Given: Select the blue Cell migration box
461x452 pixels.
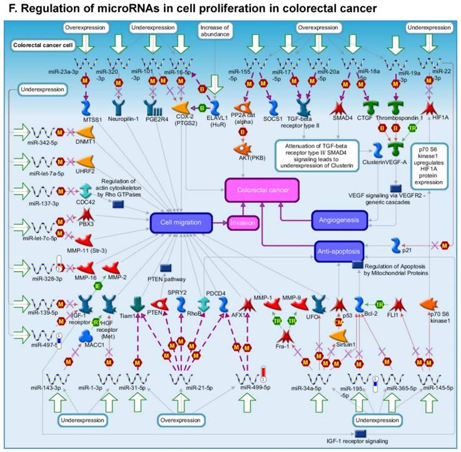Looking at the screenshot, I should click(x=180, y=222).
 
